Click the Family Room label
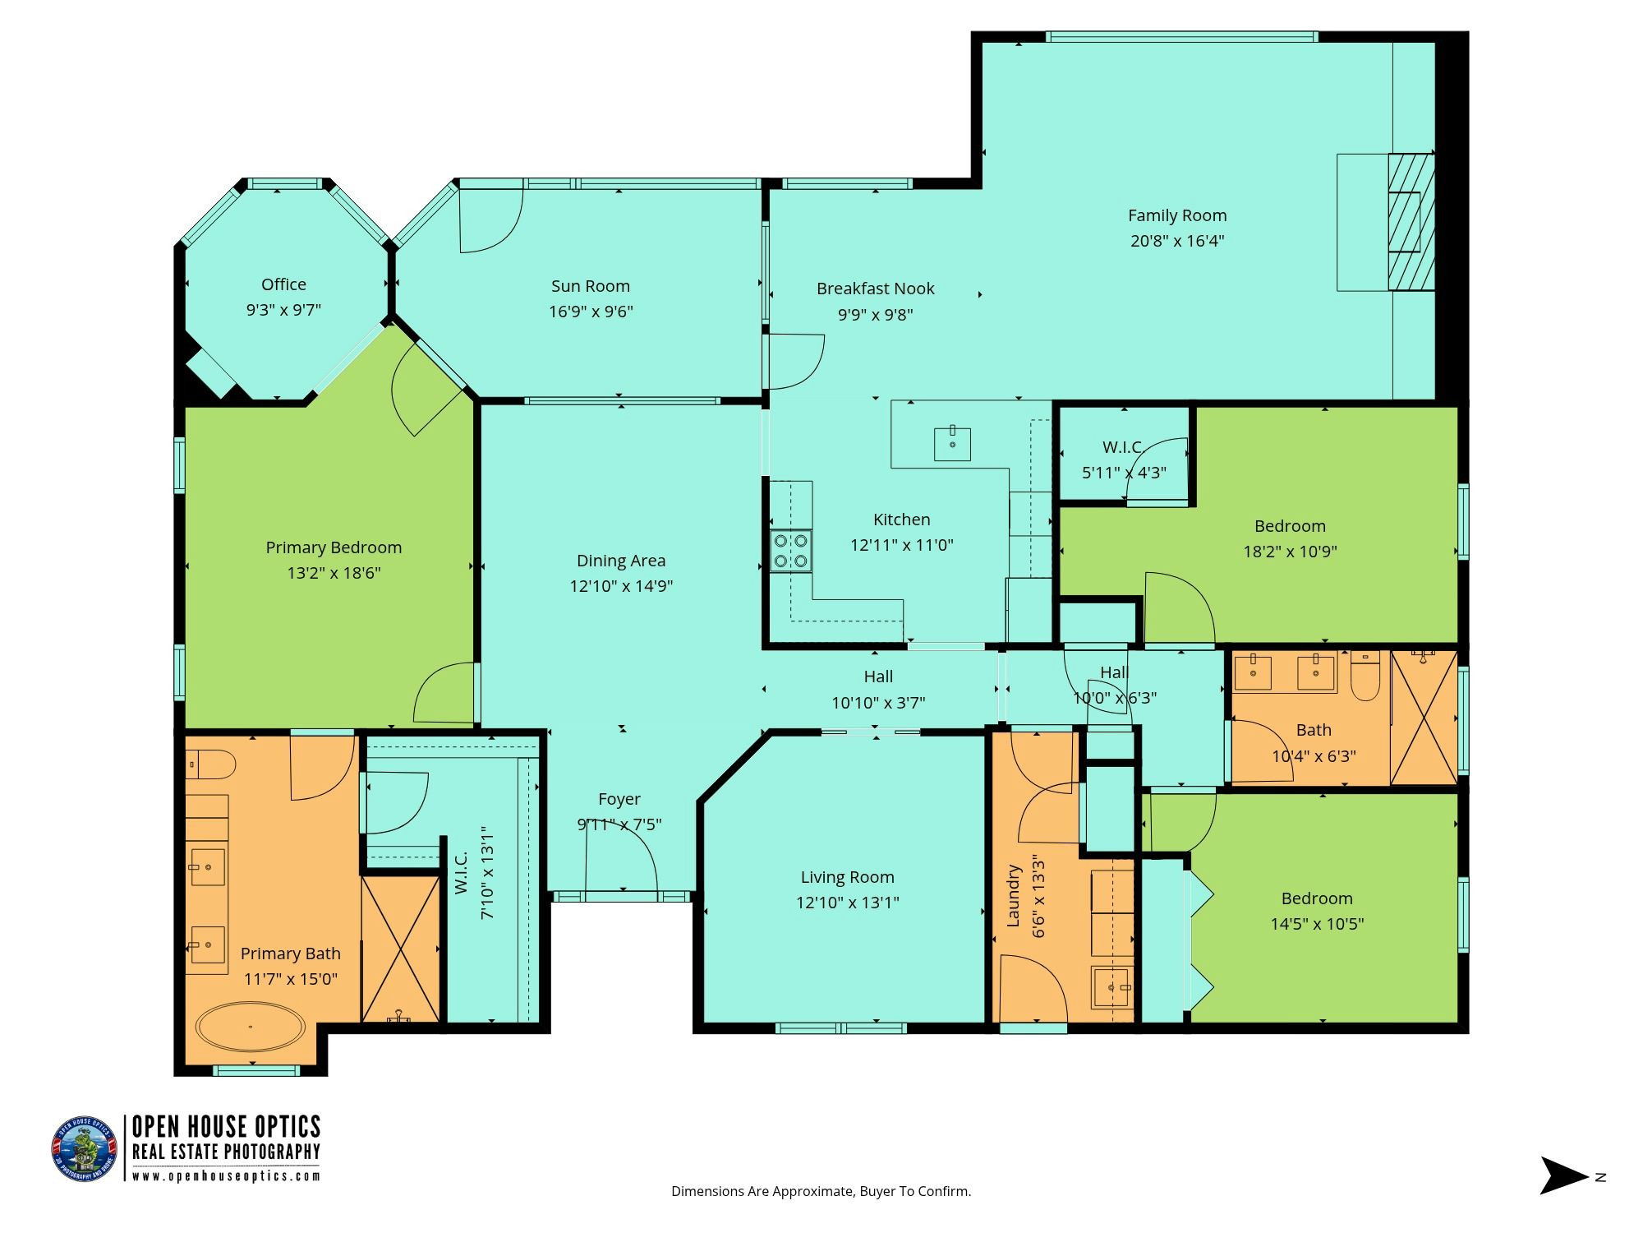[x=1177, y=215]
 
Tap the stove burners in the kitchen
[x=790, y=551]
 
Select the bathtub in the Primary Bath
[x=251, y=1027]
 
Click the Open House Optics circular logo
[x=85, y=1148]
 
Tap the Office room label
[x=283, y=284]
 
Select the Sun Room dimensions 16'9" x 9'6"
[x=591, y=312]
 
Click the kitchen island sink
[x=952, y=444]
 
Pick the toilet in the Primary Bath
[x=210, y=764]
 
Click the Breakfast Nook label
[x=876, y=289]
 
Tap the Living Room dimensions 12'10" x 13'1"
[x=848, y=903]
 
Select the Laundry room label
[x=1013, y=896]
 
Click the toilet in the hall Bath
[x=1365, y=675]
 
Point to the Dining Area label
[x=621, y=561]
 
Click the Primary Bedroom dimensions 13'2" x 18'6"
[x=334, y=573]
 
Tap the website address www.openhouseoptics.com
[x=227, y=1176]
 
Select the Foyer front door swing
[x=621, y=855]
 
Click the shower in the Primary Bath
[x=401, y=949]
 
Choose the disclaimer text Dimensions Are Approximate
[x=762, y=1191]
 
